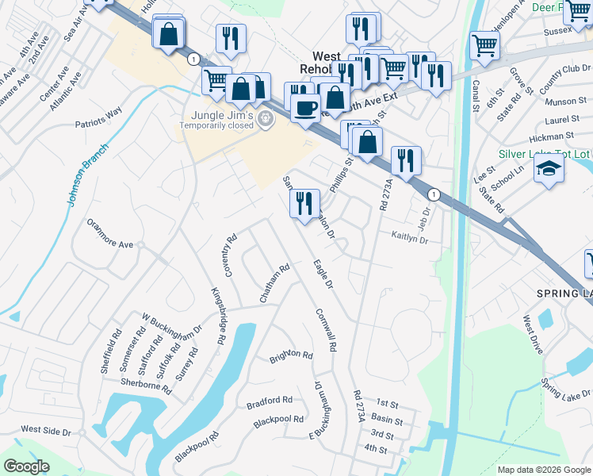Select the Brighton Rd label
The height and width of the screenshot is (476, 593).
(x=291, y=354)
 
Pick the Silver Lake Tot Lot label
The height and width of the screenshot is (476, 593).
(x=544, y=153)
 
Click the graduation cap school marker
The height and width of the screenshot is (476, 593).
(x=549, y=168)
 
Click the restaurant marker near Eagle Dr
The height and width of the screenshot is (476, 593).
(x=304, y=204)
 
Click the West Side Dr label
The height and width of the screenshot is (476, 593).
(x=46, y=429)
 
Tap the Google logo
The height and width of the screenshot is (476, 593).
(x=26, y=466)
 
